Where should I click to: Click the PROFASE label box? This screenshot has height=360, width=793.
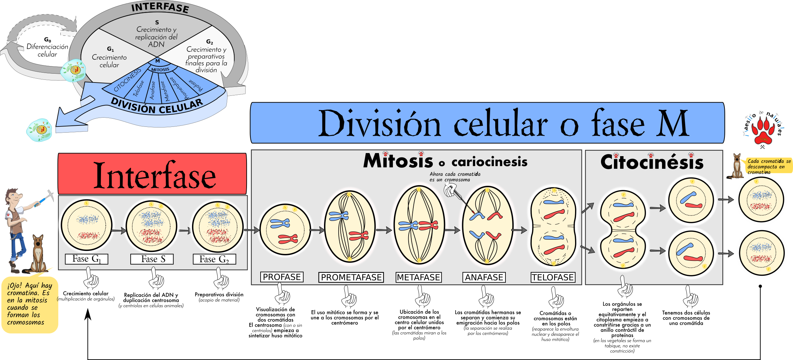pyautogui.click(x=282, y=277)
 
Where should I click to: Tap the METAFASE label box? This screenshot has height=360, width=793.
pyautogui.click(x=418, y=277)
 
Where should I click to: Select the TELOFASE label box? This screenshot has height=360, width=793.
pyautogui.click(x=553, y=277)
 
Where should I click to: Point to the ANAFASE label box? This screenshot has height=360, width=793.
pyautogui.click(x=484, y=277)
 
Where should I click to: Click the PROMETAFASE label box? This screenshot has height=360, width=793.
pyautogui.click(x=351, y=277)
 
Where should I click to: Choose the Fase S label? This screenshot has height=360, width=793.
pyautogui.click(x=152, y=259)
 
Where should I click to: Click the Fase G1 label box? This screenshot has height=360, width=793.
pyautogui.click(x=87, y=259)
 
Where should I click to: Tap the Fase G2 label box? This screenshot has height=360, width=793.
pyautogui.click(x=214, y=259)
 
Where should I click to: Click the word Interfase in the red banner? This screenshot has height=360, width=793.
pyautogui.click(x=155, y=176)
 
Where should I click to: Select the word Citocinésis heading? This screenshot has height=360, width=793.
pyautogui.click(x=652, y=162)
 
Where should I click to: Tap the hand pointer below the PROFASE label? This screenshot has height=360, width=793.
pyautogui.click(x=282, y=295)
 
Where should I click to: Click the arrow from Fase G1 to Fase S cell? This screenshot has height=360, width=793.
pyautogui.click(x=119, y=231)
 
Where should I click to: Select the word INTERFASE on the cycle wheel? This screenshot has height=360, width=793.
pyautogui.click(x=160, y=7)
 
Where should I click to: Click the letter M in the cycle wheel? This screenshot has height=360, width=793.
pyautogui.click(x=158, y=61)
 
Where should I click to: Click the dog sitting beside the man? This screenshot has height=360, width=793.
pyautogui.click(x=38, y=254)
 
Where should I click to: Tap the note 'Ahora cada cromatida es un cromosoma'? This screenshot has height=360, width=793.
pyautogui.click(x=455, y=177)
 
